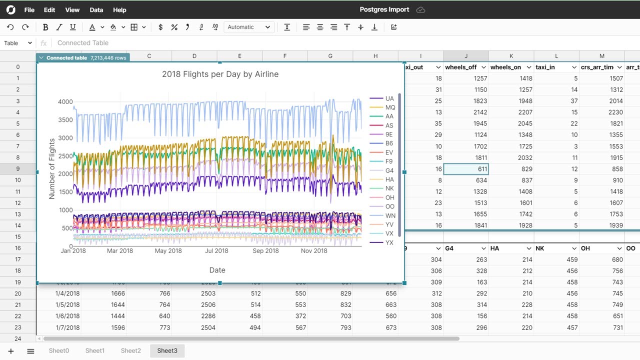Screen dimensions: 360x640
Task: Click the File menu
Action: tap(29, 10)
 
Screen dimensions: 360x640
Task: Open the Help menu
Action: tap(119, 10)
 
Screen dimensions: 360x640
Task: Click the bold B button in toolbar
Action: tap(45, 27)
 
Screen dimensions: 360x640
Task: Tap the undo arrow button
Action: tap(10, 27)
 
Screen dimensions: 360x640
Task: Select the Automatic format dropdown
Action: tap(248, 27)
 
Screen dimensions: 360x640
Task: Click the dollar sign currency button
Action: tap(160, 27)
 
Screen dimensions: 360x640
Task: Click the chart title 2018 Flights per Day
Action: tap(220, 74)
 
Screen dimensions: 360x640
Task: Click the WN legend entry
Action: tap(390, 215)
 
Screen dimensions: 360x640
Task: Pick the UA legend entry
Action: tap(389, 98)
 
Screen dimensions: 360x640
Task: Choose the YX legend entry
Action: tap(389, 242)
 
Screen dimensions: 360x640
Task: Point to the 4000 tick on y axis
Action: tap(65, 102)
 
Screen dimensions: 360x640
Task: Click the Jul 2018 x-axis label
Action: tap(216, 251)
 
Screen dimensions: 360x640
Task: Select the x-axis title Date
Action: tap(217, 270)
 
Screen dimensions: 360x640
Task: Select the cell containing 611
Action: tap(466, 169)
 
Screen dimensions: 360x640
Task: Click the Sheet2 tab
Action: tap(130, 351)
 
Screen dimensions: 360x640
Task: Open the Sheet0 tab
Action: tap(58, 351)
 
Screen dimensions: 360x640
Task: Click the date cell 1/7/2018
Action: tap(67, 327)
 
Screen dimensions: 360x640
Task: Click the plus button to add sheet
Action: tap(11, 351)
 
